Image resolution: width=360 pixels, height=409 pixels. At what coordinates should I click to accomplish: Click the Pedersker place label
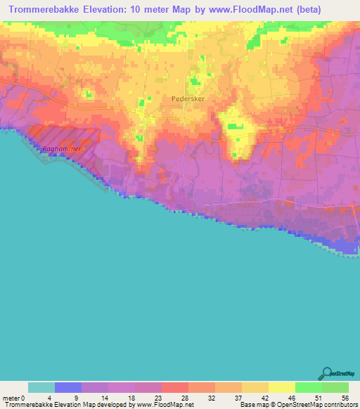187,99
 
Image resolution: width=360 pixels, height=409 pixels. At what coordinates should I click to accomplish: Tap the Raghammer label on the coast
61,148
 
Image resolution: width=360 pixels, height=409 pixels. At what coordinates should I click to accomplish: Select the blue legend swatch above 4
68,387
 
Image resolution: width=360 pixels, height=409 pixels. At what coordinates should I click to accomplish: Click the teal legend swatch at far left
41,387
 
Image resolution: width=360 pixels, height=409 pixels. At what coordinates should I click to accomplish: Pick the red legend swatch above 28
175,387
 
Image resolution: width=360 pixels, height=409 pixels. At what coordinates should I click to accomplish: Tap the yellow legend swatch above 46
282,387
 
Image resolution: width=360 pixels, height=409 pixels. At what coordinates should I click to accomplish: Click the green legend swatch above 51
309,387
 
